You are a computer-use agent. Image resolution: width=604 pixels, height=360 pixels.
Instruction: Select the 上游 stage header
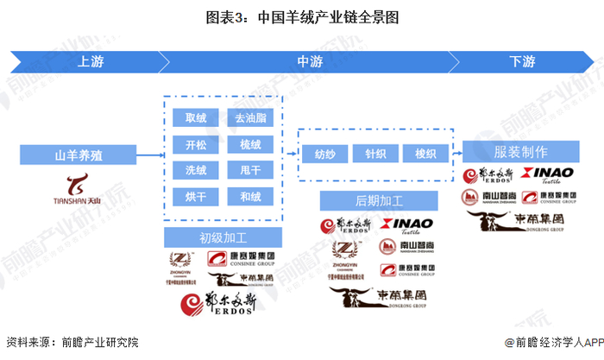pyautogui.click(x=93, y=61)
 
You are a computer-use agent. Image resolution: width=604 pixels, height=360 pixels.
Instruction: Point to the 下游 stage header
pyautogui.click(x=521, y=61)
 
